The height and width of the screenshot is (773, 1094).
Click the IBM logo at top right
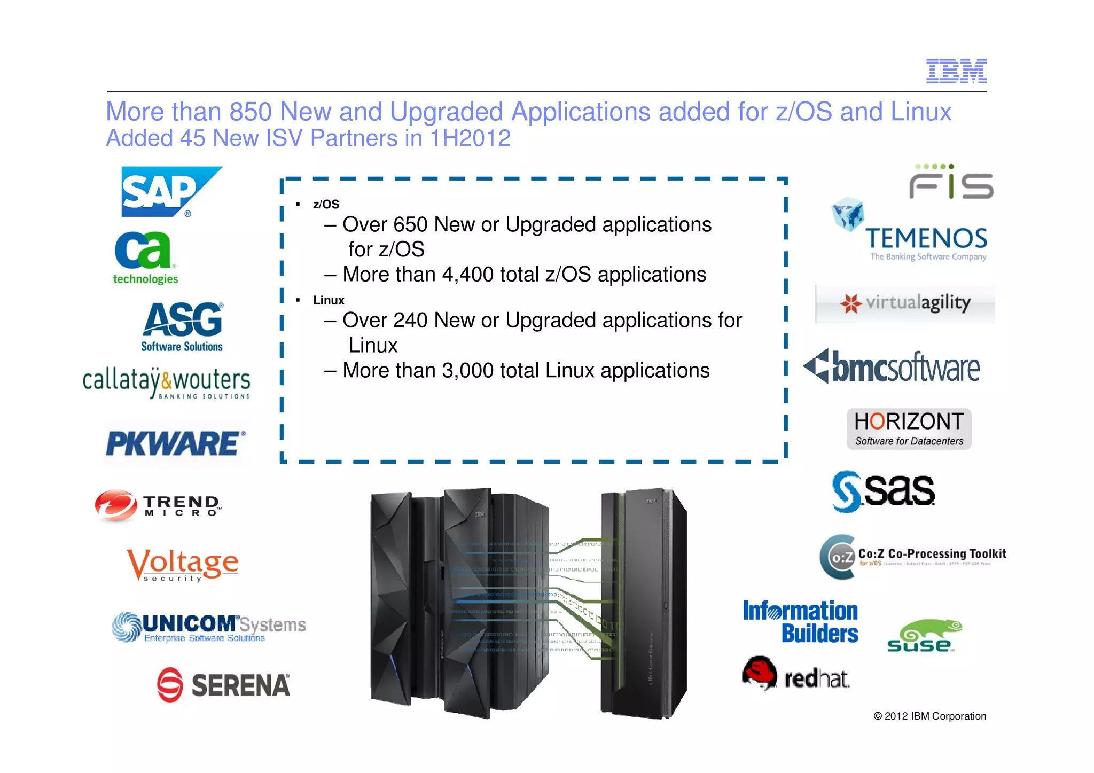[x=956, y=71]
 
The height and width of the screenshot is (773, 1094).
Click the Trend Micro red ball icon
[x=115, y=505]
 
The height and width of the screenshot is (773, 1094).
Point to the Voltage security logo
[x=182, y=565]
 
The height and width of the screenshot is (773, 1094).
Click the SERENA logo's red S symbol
[x=170, y=684]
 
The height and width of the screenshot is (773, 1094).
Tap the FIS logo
[x=951, y=183]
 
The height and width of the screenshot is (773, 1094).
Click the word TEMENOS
[x=926, y=239]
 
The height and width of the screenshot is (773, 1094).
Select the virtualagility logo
[x=905, y=303]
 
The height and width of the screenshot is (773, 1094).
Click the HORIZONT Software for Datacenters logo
[x=909, y=429]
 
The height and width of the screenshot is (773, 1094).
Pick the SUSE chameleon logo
[x=924, y=636]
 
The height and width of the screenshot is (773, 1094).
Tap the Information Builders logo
[x=800, y=622]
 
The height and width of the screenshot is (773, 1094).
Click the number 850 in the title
[x=251, y=112]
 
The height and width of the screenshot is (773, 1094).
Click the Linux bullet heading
[x=329, y=300]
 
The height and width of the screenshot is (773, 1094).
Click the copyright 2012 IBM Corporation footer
[x=929, y=716]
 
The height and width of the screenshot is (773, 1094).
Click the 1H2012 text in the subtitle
[x=470, y=138]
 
